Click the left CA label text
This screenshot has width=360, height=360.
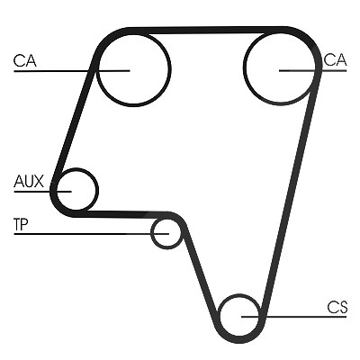[x=25, y=60]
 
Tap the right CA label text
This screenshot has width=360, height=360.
[x=335, y=59]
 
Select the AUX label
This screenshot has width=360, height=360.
[x=29, y=181]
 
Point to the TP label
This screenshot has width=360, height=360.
[x=21, y=225]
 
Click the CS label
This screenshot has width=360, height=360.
[x=337, y=307]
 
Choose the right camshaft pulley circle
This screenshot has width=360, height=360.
[x=244, y=67]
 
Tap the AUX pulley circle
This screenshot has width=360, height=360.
[x=97, y=190]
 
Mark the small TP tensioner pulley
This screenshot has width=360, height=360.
[x=152, y=233]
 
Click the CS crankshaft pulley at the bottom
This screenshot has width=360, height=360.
[x=220, y=316]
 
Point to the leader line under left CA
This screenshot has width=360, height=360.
[x=72, y=71]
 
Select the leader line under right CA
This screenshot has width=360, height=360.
[x=313, y=71]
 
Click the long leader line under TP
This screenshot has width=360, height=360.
[x=92, y=233]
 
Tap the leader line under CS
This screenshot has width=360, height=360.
[x=294, y=317]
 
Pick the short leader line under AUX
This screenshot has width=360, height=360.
[x=42, y=192]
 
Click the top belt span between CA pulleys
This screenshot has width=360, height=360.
[x=207, y=30]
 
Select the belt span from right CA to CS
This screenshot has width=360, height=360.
[x=290, y=192]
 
